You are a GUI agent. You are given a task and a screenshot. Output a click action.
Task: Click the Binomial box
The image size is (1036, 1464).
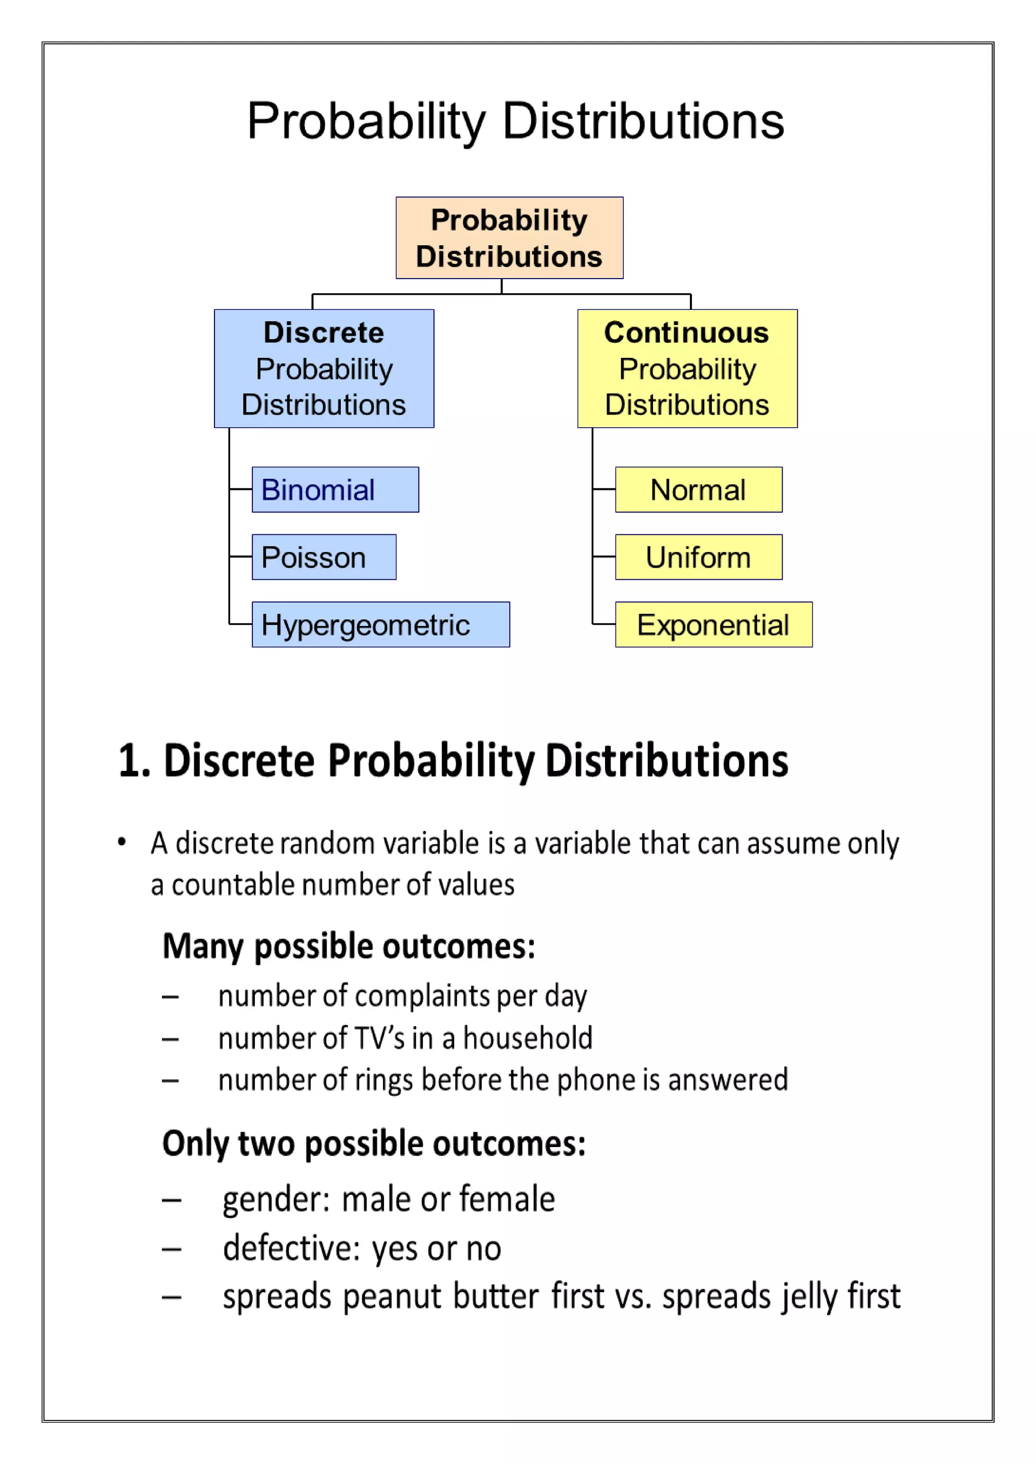click(x=335, y=490)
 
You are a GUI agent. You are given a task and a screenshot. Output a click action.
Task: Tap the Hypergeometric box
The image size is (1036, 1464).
click(x=380, y=625)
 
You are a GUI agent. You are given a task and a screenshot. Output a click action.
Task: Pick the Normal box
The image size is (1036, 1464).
click(x=698, y=490)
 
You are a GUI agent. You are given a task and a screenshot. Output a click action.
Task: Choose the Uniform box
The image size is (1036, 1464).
click(x=698, y=557)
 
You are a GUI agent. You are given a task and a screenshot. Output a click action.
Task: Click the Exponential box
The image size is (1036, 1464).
click(x=713, y=625)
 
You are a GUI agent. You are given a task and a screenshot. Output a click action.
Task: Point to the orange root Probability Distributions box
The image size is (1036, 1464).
click(x=509, y=238)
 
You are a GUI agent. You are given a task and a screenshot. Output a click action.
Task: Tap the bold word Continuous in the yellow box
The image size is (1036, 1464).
click(x=686, y=333)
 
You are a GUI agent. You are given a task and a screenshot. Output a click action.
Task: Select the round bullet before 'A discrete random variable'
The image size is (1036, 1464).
click(x=122, y=842)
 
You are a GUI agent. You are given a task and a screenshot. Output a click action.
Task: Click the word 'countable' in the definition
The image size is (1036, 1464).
click(x=234, y=885)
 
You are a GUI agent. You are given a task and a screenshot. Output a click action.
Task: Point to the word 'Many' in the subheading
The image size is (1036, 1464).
click(x=203, y=946)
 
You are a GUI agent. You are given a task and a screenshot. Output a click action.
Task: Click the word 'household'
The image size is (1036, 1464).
click(x=528, y=1038)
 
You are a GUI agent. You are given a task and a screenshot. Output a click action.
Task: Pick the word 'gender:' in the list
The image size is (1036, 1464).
click(x=276, y=1200)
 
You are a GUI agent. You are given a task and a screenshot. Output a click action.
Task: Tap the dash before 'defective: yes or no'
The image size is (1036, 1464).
click(x=171, y=1249)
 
